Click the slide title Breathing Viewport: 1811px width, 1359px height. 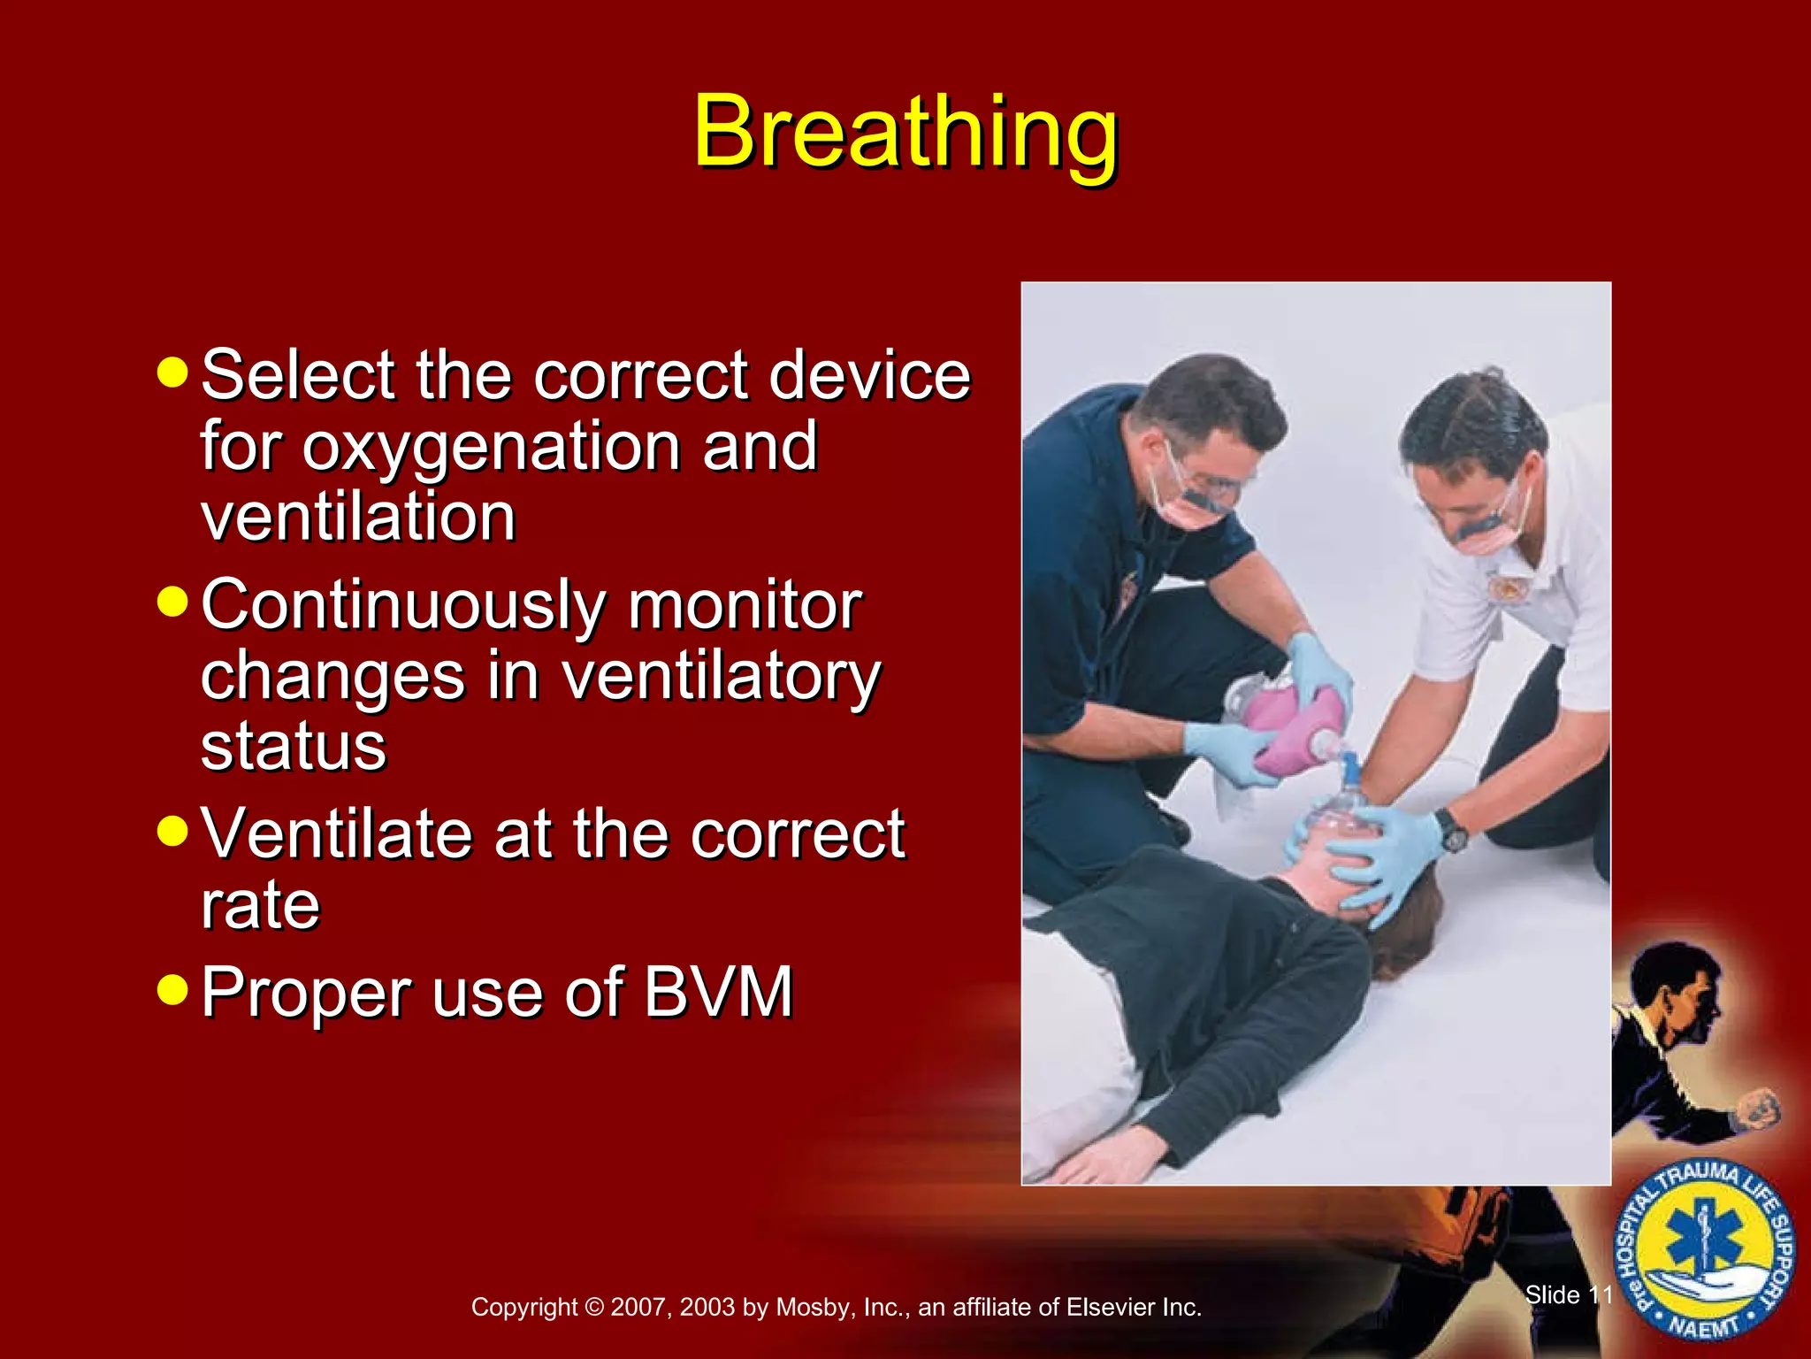(x=905, y=133)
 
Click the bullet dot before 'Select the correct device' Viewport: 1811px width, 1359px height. (x=172, y=372)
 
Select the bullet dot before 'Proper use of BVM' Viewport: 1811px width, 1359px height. (x=172, y=990)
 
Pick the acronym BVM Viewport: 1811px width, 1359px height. (x=718, y=993)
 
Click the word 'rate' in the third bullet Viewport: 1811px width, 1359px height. (x=260, y=906)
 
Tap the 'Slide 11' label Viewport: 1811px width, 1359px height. (x=1569, y=1295)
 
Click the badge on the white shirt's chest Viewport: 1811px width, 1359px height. (x=1502, y=588)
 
